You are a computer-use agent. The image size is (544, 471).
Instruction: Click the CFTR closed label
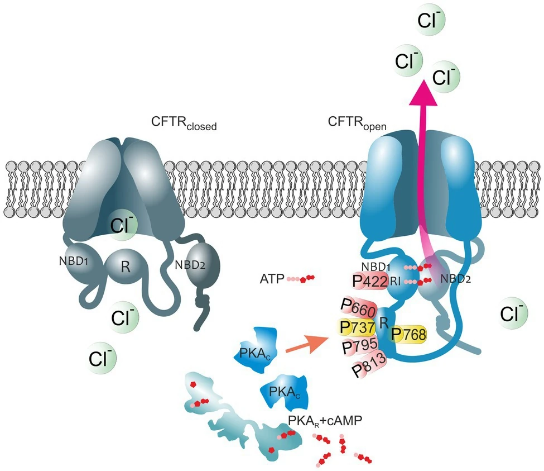coord(184,123)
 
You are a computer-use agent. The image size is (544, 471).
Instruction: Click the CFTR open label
coord(357,123)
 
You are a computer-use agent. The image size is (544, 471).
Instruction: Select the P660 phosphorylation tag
coord(359,308)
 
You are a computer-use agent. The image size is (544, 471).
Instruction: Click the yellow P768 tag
coord(408,335)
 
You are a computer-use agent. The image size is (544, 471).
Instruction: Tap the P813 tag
coord(369,365)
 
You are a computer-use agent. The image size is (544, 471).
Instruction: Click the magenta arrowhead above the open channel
coord(423,92)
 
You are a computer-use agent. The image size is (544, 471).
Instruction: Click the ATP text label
coord(272,279)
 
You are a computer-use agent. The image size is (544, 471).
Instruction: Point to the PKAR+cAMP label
coord(325,421)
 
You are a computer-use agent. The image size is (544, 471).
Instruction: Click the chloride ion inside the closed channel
coord(122,226)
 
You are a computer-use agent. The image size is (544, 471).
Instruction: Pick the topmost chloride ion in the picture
coord(429,20)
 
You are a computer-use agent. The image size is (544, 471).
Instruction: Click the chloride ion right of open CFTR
coord(512,313)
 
